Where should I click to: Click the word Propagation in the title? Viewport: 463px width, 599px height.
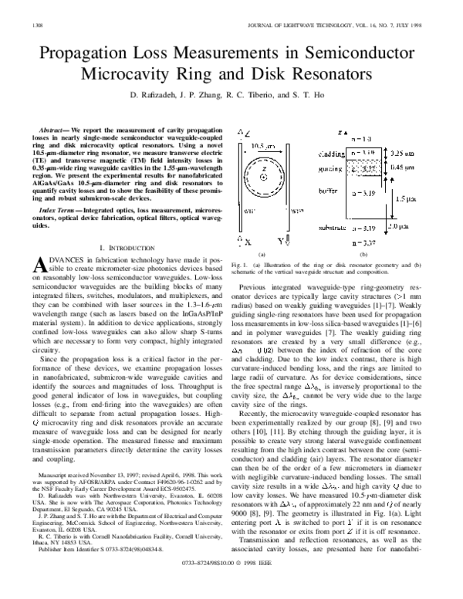91,55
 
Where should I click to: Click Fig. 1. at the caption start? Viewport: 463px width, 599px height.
238,265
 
